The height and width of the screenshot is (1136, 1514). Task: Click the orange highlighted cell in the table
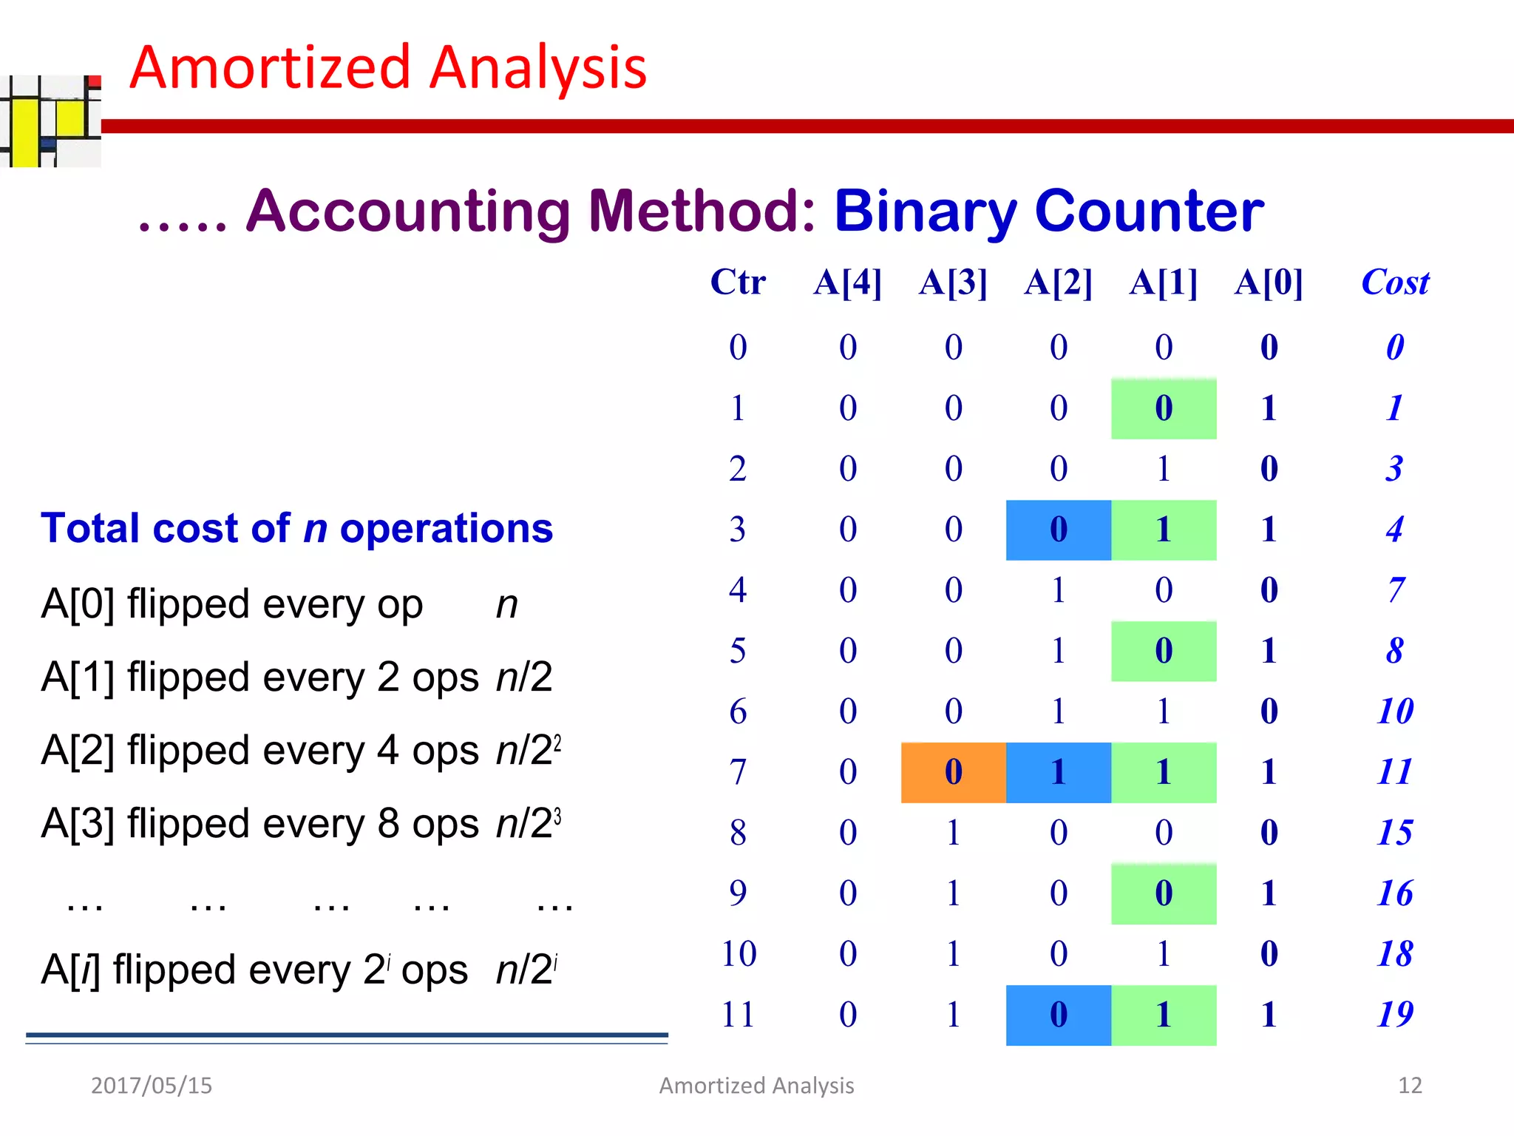click(953, 772)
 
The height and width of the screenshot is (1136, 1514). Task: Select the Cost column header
click(1394, 283)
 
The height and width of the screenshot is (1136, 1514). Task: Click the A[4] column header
click(847, 283)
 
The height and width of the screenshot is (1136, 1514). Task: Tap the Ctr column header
click(737, 283)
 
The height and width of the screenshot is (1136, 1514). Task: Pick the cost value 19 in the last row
click(1394, 1015)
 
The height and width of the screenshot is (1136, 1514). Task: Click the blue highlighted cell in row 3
click(1058, 530)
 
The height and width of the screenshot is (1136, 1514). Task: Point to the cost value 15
click(1394, 833)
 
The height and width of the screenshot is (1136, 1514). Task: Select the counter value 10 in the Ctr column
click(738, 954)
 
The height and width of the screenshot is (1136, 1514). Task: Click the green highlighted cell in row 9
click(1163, 893)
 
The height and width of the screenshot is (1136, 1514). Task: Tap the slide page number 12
click(1410, 1085)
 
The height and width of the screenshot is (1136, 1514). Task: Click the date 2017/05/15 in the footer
click(151, 1085)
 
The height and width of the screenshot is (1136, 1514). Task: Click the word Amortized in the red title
click(270, 68)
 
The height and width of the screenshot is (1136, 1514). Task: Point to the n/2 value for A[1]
click(523, 677)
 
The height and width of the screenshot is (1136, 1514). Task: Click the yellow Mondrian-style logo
click(49, 122)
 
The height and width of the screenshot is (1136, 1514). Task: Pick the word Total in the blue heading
click(89, 528)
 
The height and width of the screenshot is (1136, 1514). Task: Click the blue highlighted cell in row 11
click(1058, 1015)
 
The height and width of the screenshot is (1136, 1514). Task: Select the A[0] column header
click(1268, 283)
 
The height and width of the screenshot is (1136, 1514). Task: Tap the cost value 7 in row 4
click(1394, 590)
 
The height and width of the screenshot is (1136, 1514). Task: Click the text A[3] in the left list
click(78, 824)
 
